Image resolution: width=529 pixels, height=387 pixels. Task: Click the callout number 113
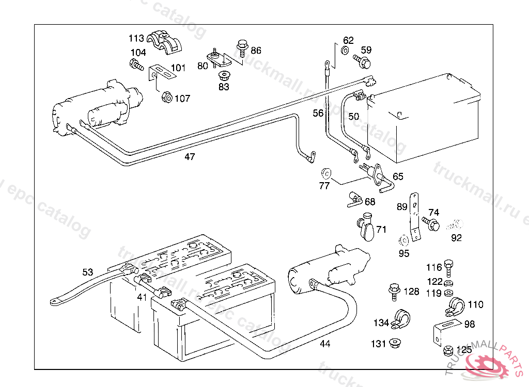coord(136,38)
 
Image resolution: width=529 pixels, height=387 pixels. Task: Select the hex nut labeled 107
coord(167,96)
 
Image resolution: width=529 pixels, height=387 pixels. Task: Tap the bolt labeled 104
coord(135,65)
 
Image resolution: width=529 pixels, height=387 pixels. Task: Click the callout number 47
coord(190,157)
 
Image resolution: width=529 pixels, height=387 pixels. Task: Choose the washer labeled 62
coord(345,51)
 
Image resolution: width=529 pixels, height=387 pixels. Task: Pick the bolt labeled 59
coord(363,62)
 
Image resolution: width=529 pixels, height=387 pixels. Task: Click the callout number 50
coord(353,117)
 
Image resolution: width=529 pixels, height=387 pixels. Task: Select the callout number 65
coord(398,176)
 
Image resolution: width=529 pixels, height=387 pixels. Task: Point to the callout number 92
coord(456,238)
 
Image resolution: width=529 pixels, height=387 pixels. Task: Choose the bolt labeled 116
coord(448,266)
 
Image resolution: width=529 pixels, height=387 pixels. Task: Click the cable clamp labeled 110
coord(454,306)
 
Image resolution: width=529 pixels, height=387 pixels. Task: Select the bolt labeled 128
coord(394,292)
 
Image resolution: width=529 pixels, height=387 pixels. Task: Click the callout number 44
coord(324,344)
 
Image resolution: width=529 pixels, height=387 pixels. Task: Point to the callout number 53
coord(88,272)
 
